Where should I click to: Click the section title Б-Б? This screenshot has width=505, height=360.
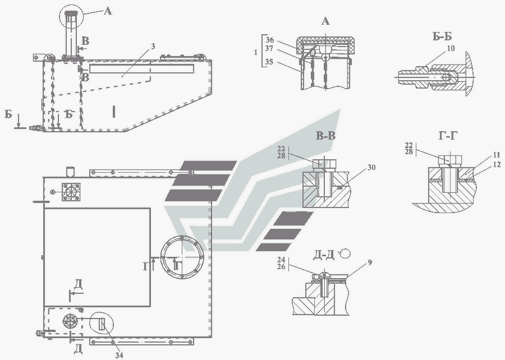[442, 36]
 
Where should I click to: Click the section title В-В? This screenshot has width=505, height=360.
[325, 136]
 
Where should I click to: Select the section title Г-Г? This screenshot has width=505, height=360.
[448, 136]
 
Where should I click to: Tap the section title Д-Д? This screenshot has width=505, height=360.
[323, 256]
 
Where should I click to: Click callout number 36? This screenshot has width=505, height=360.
[270, 40]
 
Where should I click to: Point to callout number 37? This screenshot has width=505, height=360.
[269, 49]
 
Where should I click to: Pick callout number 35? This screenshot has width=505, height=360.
[269, 62]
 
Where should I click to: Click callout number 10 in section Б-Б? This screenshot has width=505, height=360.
[451, 48]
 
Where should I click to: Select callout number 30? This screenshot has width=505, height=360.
[371, 167]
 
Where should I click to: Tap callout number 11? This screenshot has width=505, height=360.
[496, 155]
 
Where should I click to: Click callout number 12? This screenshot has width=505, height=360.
[497, 164]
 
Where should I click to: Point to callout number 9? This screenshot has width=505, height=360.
[370, 262]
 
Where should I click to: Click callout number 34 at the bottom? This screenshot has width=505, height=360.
[119, 355]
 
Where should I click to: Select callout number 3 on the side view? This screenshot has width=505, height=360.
[153, 47]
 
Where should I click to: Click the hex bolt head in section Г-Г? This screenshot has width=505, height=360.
[450, 159]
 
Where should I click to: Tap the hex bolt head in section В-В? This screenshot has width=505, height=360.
[325, 164]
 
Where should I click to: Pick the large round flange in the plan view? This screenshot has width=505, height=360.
[182, 257]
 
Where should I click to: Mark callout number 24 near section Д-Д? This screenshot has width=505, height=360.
[281, 259]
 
